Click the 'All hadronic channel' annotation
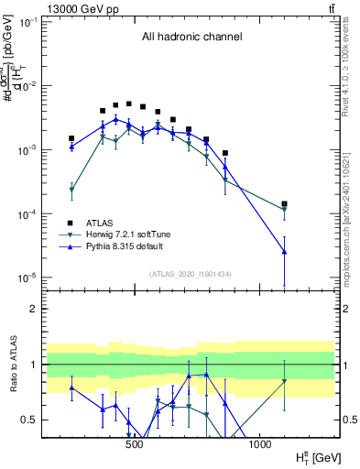coord(191,38)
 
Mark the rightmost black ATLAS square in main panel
coord(285,204)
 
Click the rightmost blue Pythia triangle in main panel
coord(285,251)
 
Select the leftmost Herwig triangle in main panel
coord(71,190)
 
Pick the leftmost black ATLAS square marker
coord(71,138)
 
